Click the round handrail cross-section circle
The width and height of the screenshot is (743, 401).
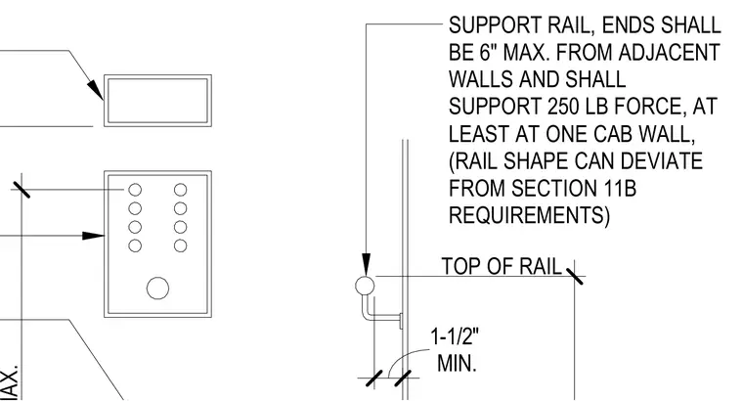365,286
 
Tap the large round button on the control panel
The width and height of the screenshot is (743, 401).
157,289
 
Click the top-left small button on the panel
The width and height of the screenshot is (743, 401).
135,190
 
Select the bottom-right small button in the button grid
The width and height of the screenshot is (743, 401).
181,246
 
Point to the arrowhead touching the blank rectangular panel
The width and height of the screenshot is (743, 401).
95,89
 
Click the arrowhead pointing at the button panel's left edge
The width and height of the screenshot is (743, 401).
93,236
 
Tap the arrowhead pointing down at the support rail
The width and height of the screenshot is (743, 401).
366,264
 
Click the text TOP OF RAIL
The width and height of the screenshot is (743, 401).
502,266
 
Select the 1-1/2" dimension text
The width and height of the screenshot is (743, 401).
455,337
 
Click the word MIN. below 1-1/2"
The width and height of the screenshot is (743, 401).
457,364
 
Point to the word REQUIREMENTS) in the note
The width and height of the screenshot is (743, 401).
529,215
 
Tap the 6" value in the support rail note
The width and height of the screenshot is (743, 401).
489,52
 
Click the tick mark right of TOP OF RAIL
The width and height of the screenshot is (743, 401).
574,276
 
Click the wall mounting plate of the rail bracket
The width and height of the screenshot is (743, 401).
402,321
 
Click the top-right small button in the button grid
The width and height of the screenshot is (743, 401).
181,190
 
